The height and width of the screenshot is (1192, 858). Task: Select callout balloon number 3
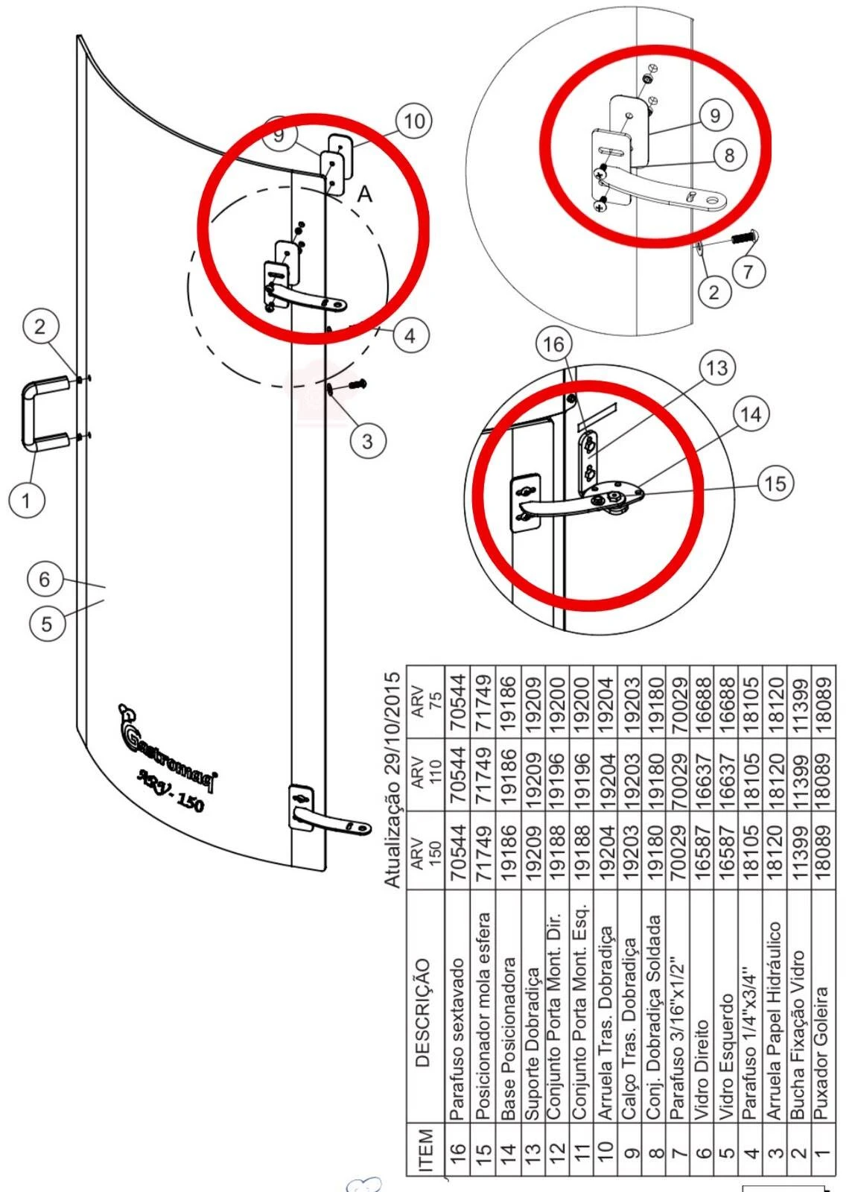click(368, 441)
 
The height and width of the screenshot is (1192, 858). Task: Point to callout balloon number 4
click(410, 336)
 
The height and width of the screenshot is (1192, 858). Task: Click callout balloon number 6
click(45, 579)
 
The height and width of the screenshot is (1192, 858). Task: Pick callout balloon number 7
click(749, 272)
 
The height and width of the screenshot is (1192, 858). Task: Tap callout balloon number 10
click(414, 121)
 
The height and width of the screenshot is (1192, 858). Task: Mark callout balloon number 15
click(775, 484)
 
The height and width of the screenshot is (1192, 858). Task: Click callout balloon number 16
click(553, 345)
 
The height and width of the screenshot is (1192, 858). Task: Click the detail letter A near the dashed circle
click(365, 194)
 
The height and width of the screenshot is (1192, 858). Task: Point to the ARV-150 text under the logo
click(171, 790)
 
